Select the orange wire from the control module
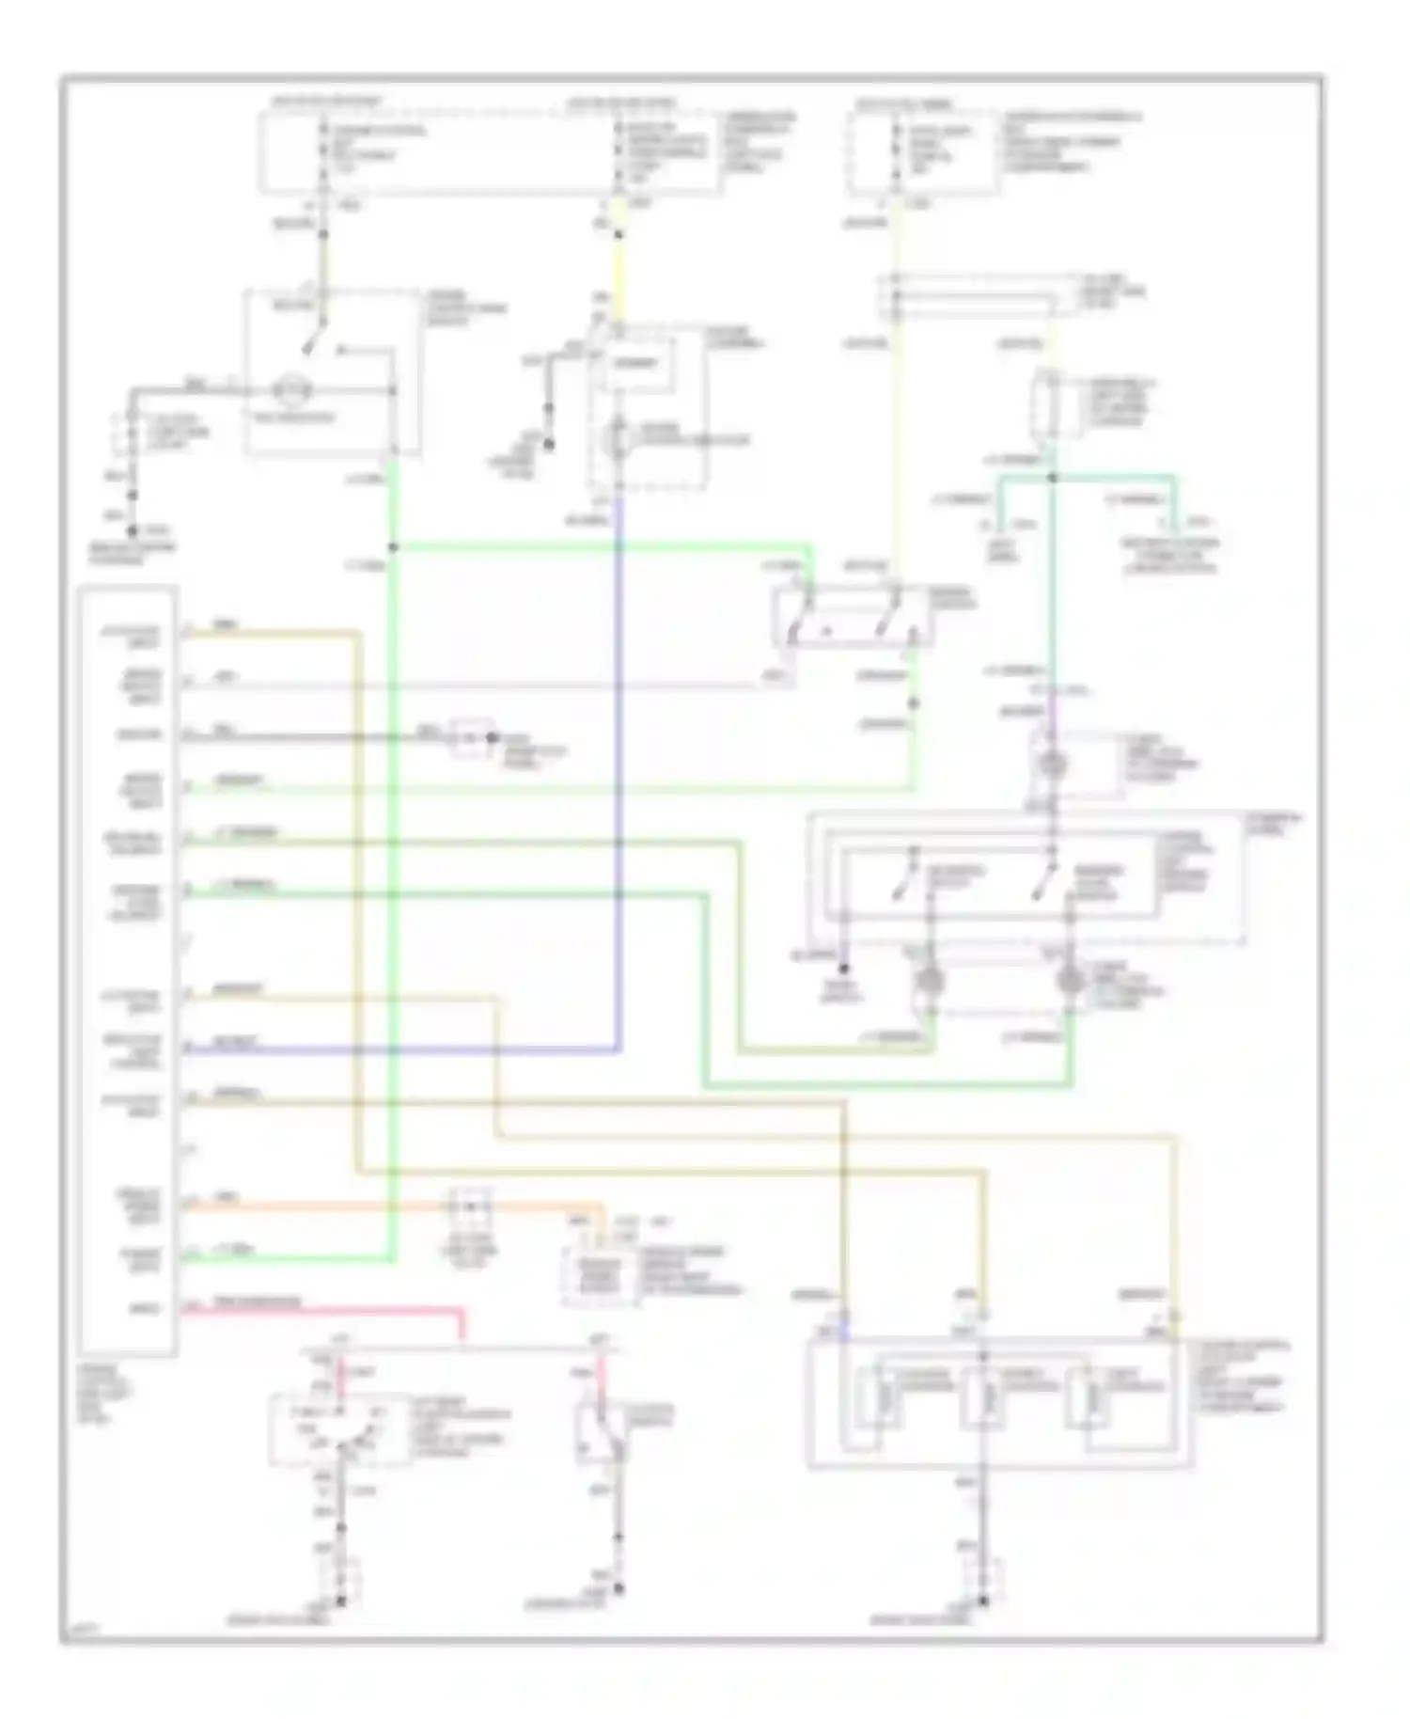click(376, 1205)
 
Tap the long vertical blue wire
click(618, 752)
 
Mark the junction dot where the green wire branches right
click(393, 547)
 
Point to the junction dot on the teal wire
click(1052, 479)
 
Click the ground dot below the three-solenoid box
click(982, 1601)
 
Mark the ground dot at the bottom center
click(618, 1589)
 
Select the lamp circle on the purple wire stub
click(1052, 764)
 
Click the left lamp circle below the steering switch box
click(930, 981)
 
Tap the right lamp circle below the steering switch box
click(1069, 981)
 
